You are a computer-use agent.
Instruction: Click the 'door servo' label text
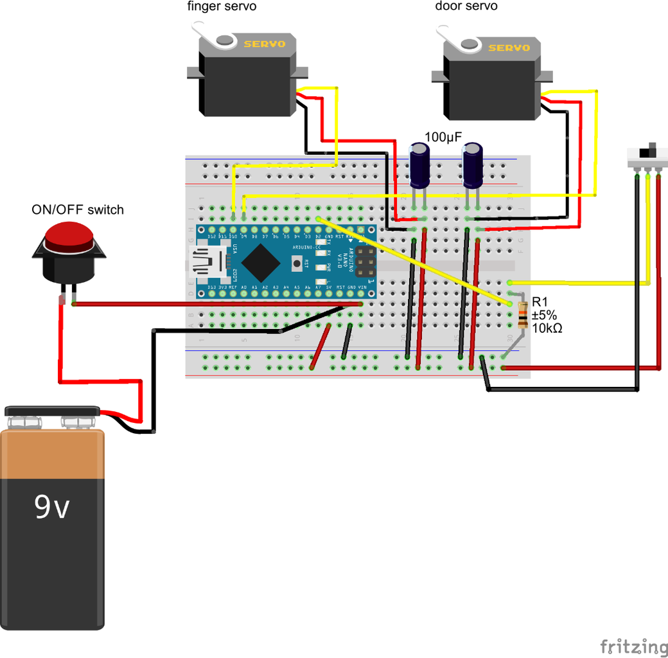click(x=466, y=6)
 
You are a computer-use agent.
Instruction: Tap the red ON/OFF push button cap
click(x=68, y=236)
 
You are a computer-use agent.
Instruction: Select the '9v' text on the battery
click(x=51, y=508)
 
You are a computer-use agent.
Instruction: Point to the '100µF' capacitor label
click(x=444, y=137)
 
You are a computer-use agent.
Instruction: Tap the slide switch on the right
click(x=647, y=154)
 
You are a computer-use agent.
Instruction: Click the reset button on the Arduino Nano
click(x=296, y=262)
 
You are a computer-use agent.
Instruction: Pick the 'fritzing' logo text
click(x=633, y=646)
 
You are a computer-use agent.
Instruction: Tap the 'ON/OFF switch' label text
click(x=78, y=209)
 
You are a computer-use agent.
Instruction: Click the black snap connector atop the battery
click(x=52, y=411)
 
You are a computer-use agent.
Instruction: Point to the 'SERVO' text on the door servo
click(x=509, y=48)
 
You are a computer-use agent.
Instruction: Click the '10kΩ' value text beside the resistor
click(x=547, y=327)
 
